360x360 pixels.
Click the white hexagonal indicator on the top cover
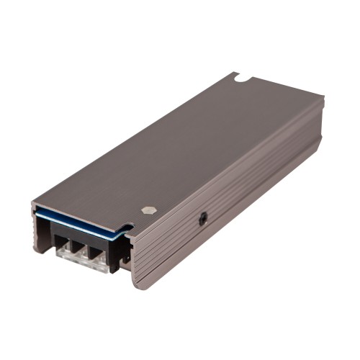(x=148, y=210)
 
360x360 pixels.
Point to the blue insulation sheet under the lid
(x=79, y=220)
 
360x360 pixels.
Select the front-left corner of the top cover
(x=33, y=205)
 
